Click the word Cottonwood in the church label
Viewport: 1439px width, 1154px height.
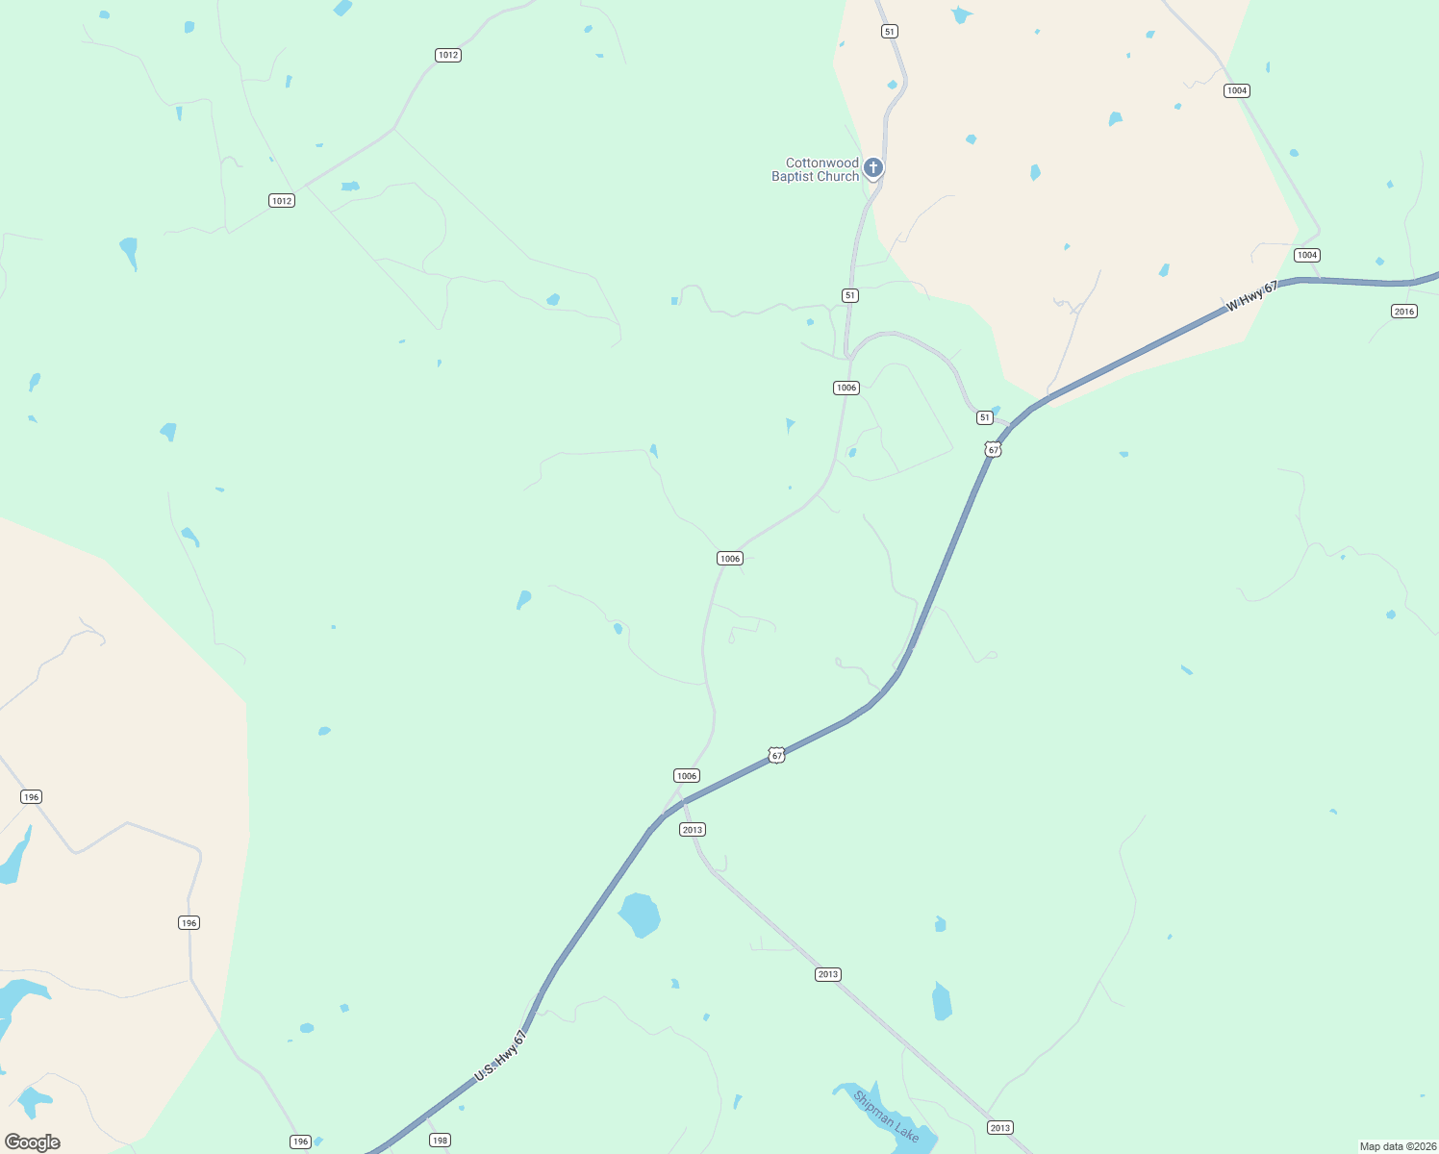[x=821, y=163]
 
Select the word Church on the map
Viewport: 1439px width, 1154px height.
[x=838, y=177]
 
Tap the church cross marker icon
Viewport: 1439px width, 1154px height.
[x=872, y=168]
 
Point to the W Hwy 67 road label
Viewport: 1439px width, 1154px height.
[x=1251, y=296]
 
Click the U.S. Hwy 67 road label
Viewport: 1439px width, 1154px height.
[x=500, y=1057]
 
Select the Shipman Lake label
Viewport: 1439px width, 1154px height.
[x=886, y=1116]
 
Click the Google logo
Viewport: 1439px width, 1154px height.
[x=33, y=1141]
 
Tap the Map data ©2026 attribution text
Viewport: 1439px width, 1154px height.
[x=1398, y=1146]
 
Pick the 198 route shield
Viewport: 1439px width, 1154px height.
[x=440, y=1141]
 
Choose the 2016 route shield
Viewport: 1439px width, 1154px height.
[x=1403, y=311]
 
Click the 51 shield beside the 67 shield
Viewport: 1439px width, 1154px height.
[x=984, y=417]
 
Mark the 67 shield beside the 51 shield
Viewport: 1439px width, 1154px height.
[x=994, y=449]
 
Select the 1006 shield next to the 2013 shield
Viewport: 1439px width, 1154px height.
[x=686, y=776]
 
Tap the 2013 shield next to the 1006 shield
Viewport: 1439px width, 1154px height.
[x=692, y=829]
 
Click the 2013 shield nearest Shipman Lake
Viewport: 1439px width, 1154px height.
[x=999, y=1127]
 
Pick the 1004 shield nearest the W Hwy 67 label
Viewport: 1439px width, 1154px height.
[x=1306, y=255]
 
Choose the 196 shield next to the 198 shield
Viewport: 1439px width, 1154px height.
[x=300, y=1141]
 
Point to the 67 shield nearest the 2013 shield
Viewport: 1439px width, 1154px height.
[x=777, y=756]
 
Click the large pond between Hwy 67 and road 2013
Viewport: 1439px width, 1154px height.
[x=639, y=915]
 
